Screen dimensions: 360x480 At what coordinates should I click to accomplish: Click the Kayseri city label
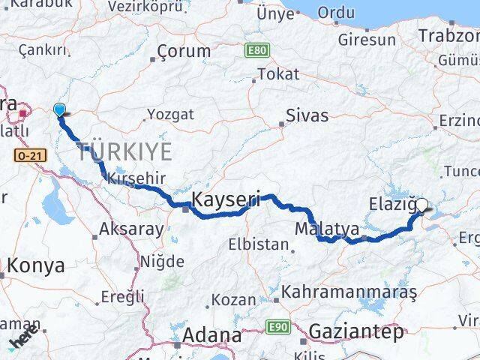pyautogui.click(x=226, y=200)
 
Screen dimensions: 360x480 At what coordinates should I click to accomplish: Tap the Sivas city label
pyautogui.click(x=307, y=116)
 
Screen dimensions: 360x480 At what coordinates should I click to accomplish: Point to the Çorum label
pyautogui.click(x=184, y=52)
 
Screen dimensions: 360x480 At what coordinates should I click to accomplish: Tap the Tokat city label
pyautogui.click(x=278, y=73)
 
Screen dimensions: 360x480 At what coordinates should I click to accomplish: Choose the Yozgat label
pyautogui.click(x=170, y=114)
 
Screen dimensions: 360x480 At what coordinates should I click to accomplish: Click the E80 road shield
pyautogui.click(x=256, y=52)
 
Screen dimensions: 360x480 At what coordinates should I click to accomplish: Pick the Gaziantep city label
pyautogui.click(x=355, y=331)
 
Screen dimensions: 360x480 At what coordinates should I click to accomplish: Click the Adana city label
pyautogui.click(x=212, y=335)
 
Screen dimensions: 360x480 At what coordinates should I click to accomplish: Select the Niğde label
pyautogui.click(x=163, y=262)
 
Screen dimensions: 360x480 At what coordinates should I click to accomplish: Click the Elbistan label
pyautogui.click(x=260, y=244)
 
